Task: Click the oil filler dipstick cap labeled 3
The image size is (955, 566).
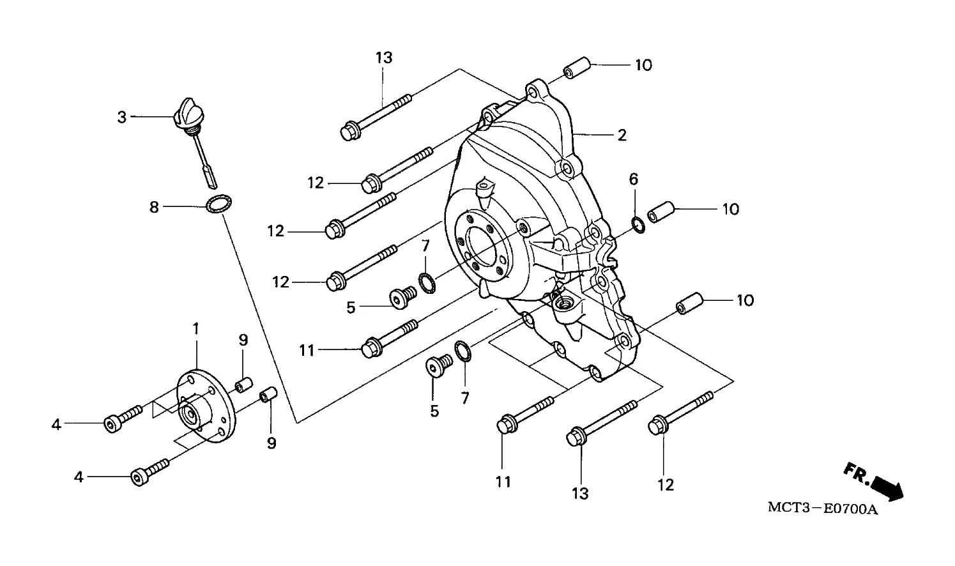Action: tap(188, 113)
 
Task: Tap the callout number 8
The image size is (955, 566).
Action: tap(154, 208)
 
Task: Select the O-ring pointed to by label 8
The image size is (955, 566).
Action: tap(219, 203)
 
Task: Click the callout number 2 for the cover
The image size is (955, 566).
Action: tap(622, 135)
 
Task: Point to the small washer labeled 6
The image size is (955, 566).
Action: tap(638, 225)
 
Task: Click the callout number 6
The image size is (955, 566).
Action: tap(634, 180)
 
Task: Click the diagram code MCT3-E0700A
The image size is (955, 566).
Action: tap(823, 509)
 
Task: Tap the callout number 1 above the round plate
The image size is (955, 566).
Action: tap(195, 328)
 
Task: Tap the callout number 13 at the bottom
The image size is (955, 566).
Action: tap(580, 494)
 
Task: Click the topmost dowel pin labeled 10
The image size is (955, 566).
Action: tap(577, 68)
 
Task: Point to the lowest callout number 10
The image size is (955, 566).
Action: tap(745, 300)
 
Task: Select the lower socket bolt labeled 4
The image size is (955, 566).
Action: tap(149, 473)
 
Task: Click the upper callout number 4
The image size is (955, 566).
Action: tap(56, 424)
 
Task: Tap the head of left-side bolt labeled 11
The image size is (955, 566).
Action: tap(371, 348)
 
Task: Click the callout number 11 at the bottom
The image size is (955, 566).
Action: tap(503, 482)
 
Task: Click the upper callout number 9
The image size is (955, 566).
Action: tap(243, 340)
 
